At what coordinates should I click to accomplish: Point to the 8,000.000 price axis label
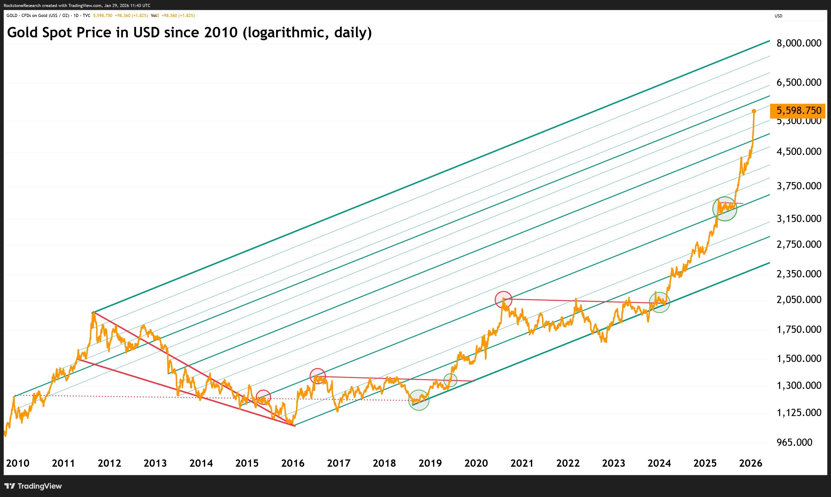click(x=799, y=43)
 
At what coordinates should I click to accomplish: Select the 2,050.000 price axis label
click(x=799, y=300)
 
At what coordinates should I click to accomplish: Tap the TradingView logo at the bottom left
click(x=33, y=486)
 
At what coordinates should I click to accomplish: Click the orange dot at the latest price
click(x=754, y=111)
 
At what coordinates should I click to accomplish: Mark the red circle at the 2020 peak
click(x=503, y=299)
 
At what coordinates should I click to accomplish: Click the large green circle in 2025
click(x=724, y=209)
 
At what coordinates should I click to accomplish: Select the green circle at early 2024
click(x=659, y=302)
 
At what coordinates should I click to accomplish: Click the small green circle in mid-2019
click(x=450, y=380)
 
